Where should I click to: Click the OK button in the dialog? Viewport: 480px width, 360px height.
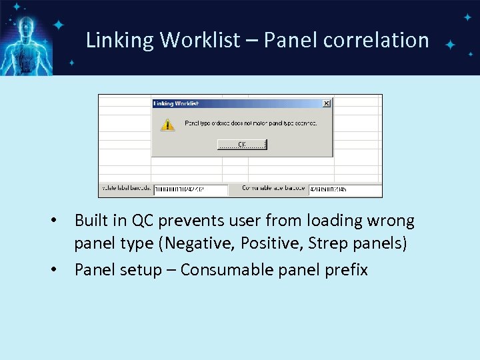(x=242, y=144)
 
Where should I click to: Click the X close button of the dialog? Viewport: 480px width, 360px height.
(x=326, y=103)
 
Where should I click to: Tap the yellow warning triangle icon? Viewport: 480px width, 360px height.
(x=167, y=124)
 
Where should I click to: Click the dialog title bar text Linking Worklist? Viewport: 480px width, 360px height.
(x=177, y=103)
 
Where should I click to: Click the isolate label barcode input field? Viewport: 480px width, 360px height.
(x=191, y=189)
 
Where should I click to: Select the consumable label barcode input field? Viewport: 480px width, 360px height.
(x=344, y=189)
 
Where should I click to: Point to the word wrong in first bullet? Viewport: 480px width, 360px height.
(x=391, y=221)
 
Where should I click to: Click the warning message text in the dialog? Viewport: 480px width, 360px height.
(x=250, y=123)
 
